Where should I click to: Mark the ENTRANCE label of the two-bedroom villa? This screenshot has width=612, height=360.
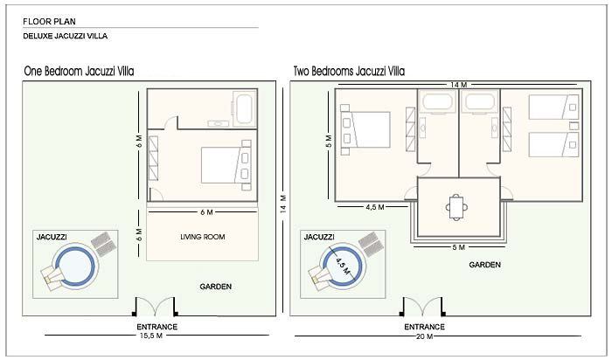(x=425, y=327)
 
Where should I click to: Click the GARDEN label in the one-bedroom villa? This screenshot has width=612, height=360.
(x=215, y=286)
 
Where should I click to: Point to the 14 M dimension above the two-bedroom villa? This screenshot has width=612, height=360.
(x=456, y=84)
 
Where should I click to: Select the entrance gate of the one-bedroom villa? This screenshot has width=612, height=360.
(x=156, y=308)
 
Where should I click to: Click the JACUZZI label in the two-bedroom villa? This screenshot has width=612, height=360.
(x=318, y=237)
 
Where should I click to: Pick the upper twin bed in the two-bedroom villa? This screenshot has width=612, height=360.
(x=553, y=107)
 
